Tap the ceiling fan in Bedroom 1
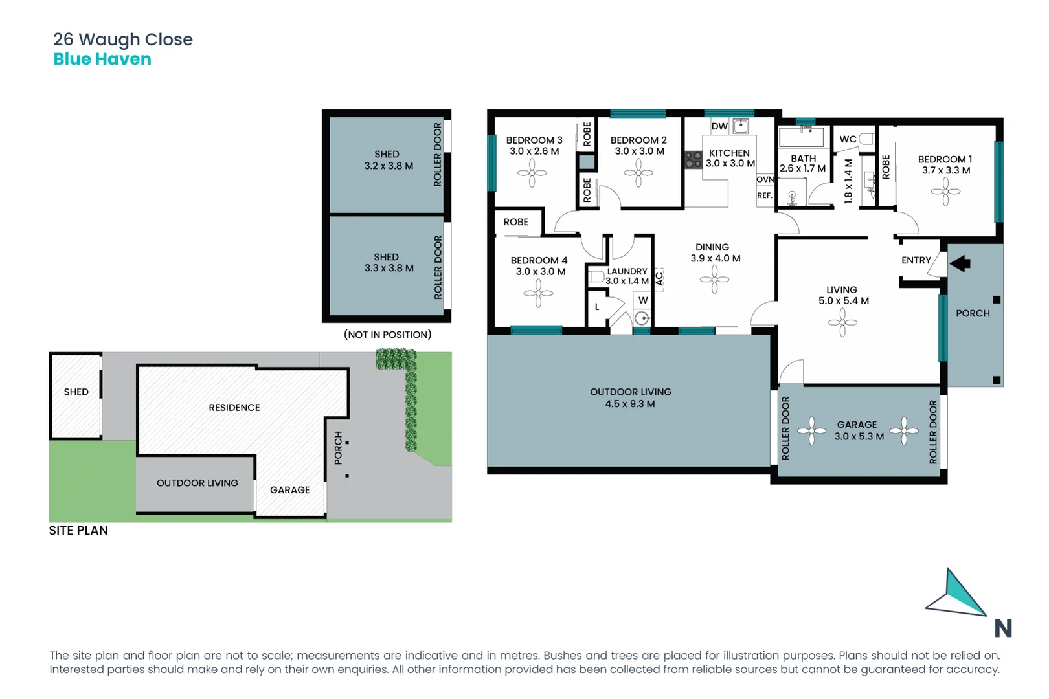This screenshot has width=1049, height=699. (x=945, y=192)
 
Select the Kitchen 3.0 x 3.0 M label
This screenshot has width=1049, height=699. (x=730, y=159)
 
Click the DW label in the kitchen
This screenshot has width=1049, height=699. (x=719, y=126)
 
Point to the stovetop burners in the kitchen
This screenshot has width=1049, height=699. (x=694, y=159)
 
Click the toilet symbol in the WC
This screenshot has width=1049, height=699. (x=866, y=139)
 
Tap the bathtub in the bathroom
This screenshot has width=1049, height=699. (x=802, y=137)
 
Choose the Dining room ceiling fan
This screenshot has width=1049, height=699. (x=714, y=280)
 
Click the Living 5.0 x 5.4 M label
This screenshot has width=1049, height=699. (x=843, y=295)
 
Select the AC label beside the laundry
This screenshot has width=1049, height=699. (x=659, y=279)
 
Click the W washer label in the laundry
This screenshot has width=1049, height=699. (x=643, y=300)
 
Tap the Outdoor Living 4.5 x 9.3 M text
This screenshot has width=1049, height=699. (x=630, y=398)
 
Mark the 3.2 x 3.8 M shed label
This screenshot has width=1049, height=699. (x=388, y=160)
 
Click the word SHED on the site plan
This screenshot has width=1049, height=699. (x=76, y=392)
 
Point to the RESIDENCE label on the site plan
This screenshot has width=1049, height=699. (x=234, y=408)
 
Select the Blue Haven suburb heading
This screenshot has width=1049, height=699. (x=102, y=59)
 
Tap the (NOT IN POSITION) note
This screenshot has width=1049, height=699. (x=387, y=335)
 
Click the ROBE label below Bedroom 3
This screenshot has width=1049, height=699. (x=516, y=222)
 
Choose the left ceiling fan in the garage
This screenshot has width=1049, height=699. (x=811, y=431)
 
